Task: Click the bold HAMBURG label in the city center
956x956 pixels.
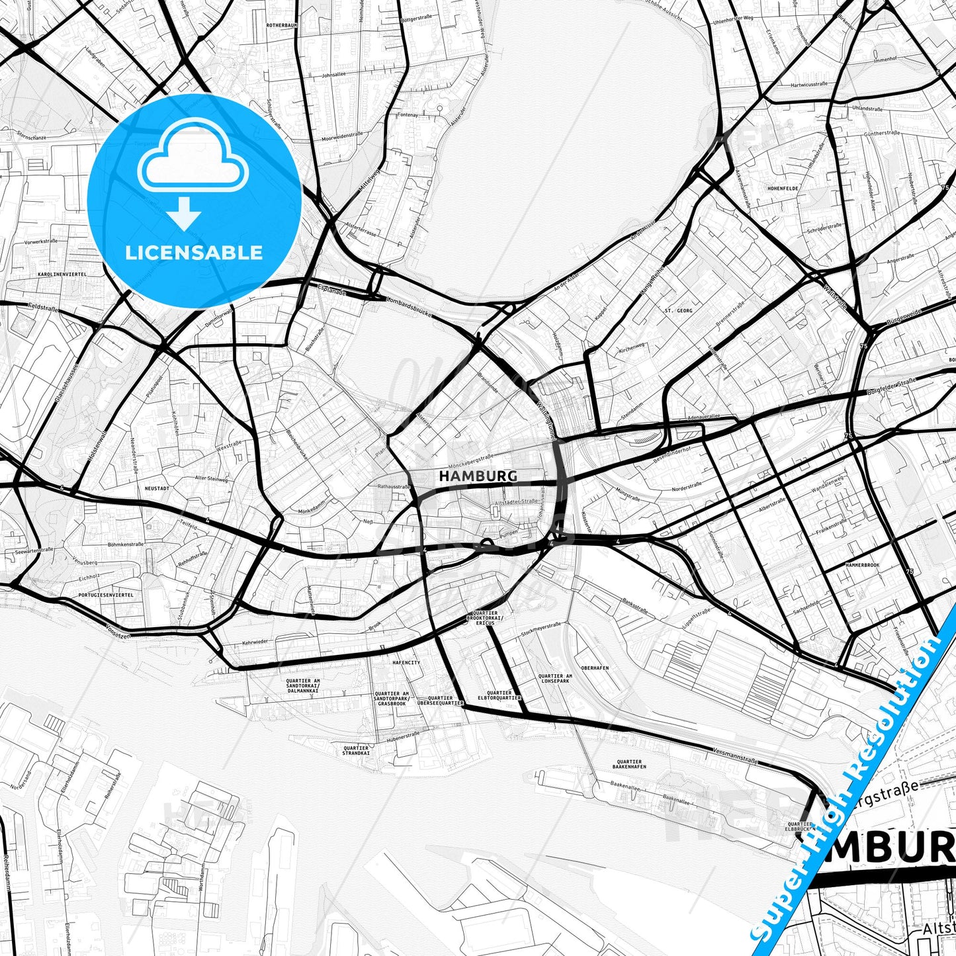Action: [478, 476]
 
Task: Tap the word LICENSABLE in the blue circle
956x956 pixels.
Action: [194, 253]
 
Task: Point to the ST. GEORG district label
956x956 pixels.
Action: [678, 310]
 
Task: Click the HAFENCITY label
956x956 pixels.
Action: [406, 662]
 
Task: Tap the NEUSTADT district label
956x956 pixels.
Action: [157, 488]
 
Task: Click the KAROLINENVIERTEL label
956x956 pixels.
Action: [63, 274]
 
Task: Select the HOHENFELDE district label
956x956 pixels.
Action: [783, 189]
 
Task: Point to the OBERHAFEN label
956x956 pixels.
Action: [594, 668]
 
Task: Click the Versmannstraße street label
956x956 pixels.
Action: [735, 754]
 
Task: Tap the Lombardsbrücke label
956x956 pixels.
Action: [408, 307]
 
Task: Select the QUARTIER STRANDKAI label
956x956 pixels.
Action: [355, 751]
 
